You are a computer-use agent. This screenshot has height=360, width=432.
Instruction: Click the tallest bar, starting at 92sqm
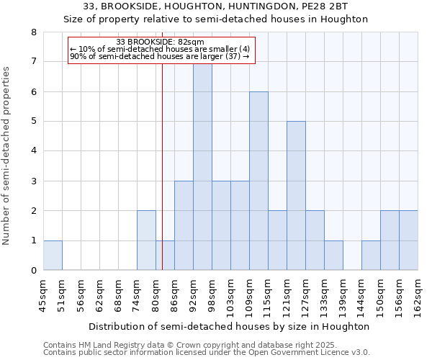pos(202,166)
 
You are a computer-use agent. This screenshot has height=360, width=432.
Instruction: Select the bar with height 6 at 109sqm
pos(258,181)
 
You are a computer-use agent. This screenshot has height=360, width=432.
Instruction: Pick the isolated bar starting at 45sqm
pos(53,256)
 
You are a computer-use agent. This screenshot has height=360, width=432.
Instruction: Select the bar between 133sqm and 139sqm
pos(333,256)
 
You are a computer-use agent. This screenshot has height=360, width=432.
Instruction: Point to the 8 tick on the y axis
pos(33,32)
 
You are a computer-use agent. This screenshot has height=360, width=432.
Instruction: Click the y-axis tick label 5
pos(33,122)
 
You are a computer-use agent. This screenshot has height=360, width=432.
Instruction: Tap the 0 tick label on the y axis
pos(33,271)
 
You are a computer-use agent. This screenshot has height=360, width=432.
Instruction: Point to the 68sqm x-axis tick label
pos(119,294)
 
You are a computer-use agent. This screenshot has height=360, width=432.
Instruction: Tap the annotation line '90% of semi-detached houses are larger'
pos(160,56)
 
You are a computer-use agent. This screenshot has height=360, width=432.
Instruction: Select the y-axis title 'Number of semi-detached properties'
pos(7,156)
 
